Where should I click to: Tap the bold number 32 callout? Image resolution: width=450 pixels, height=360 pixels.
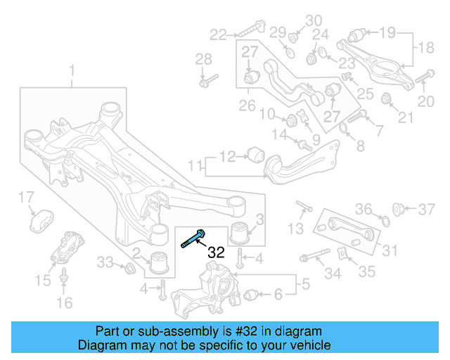tap(216, 252)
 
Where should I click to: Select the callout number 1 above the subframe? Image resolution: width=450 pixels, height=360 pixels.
tap(71, 70)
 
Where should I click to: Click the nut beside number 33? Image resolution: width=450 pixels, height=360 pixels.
tap(129, 268)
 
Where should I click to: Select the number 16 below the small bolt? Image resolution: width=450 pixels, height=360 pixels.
tap(64, 303)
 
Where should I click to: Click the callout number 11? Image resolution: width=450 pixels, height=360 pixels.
tap(194, 166)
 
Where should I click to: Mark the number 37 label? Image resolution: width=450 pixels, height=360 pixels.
tap(427, 208)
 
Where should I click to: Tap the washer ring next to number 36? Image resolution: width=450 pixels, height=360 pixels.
tap(385, 223)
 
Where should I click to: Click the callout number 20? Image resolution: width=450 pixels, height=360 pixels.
tap(426, 102)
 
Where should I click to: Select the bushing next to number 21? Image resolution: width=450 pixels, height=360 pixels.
tap(386, 98)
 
